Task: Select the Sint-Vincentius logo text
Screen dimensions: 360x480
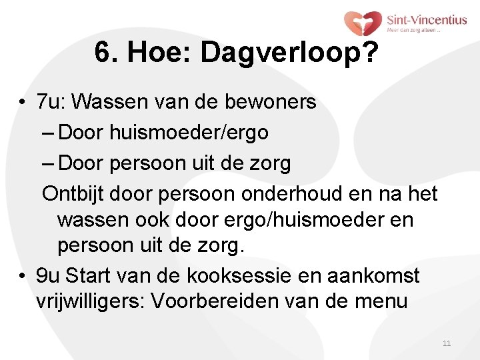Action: [x=427, y=20]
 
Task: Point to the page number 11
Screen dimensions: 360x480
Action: [x=446, y=343]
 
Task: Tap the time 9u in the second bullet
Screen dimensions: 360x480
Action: [x=48, y=275]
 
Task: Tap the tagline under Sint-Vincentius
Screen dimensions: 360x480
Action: [x=414, y=30]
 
